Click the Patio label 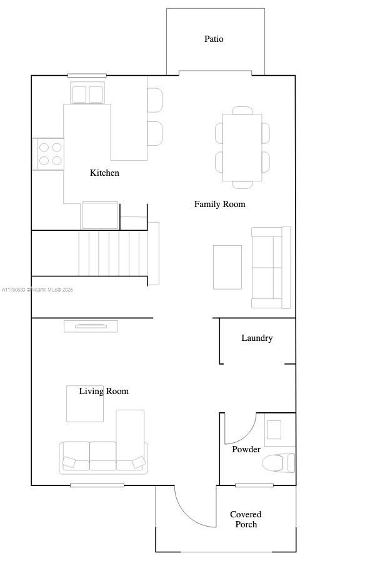point(214,39)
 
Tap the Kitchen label point(104,173)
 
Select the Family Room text point(219,204)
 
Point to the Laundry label point(257,338)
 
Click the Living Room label point(104,391)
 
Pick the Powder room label point(246,449)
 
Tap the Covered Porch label point(246,519)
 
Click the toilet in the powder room point(279,463)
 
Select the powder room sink point(274,430)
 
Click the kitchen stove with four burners point(48,154)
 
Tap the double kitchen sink point(87,94)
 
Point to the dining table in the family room point(242,148)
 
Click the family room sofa point(271,267)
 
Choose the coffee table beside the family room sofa point(227,267)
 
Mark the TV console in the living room point(91,327)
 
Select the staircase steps point(112,253)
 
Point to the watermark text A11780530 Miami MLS point(37,290)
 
